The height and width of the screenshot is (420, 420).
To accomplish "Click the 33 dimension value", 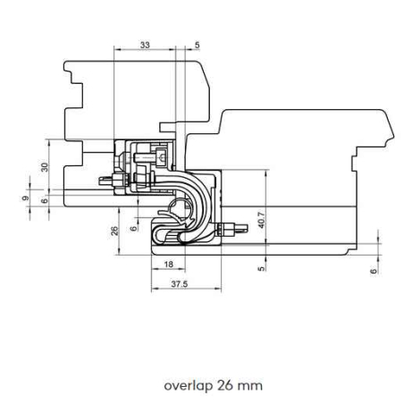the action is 145,46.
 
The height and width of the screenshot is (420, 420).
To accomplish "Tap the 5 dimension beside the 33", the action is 197,46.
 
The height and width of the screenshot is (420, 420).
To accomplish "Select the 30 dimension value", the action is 45,167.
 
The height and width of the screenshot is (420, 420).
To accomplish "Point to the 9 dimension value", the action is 26,197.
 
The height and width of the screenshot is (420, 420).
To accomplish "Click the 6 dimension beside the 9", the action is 45,201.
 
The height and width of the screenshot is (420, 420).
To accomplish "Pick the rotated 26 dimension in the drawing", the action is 115,231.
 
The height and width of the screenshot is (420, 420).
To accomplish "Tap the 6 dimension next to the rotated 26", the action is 134,228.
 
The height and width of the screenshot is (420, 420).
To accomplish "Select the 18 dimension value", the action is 169,265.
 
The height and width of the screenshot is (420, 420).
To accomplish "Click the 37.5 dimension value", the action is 180,284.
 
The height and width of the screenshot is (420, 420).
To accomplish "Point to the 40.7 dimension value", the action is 261,220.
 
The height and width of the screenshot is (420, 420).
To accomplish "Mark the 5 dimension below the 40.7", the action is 261,268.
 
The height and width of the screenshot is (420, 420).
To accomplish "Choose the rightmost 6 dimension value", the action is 374,271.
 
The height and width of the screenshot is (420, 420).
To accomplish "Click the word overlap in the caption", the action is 189,386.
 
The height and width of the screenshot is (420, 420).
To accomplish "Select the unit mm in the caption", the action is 251,387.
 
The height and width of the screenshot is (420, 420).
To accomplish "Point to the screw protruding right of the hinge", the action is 232,230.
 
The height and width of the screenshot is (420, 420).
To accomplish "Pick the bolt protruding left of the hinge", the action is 113,180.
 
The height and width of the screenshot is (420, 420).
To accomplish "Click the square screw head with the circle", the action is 162,155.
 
